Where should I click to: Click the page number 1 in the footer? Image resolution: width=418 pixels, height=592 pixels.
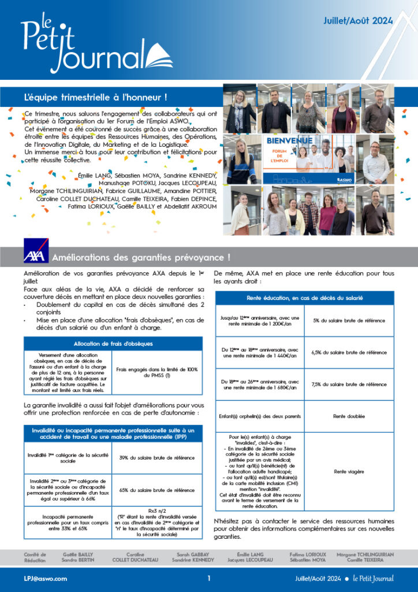209,578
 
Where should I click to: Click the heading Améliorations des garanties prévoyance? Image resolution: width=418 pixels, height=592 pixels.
141,257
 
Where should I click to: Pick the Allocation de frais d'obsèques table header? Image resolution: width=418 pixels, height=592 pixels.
114,343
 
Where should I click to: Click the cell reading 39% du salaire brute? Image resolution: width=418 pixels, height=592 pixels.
156,458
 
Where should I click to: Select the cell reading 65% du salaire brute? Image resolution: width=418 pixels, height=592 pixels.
156,490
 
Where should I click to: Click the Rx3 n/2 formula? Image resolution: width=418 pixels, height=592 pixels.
156,511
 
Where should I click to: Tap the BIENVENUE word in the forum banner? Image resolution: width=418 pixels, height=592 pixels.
290,140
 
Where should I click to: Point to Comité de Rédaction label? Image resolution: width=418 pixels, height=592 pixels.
35,557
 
